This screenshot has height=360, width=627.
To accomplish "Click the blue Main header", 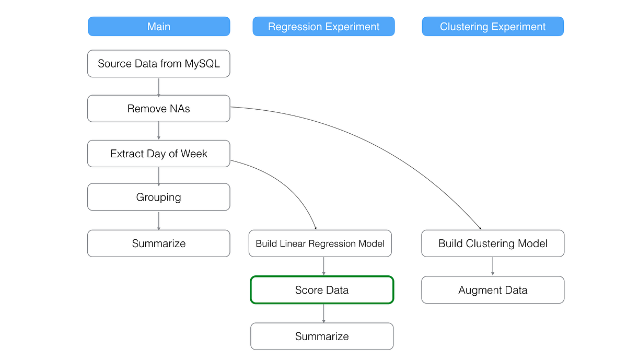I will (x=159, y=27).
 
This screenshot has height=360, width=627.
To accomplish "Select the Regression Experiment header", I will (x=323, y=27).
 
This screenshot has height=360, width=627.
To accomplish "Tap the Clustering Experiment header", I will (x=493, y=27).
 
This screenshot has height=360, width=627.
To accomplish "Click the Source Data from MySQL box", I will (x=159, y=64).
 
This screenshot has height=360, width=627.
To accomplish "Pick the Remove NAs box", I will (x=159, y=109).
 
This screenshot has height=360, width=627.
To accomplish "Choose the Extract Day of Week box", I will (x=159, y=154).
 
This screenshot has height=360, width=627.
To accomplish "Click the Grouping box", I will (x=159, y=197).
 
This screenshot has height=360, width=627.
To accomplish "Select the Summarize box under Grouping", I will (x=159, y=243).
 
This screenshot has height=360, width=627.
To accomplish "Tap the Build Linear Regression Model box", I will (x=320, y=243).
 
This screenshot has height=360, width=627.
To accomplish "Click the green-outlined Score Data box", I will (x=322, y=290).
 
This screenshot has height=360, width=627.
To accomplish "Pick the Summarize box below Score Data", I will (x=322, y=336).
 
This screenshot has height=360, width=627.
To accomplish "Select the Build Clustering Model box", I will (x=493, y=243).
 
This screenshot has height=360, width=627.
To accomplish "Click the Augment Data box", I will (x=493, y=290).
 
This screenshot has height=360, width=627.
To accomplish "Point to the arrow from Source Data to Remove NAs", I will (x=159, y=86).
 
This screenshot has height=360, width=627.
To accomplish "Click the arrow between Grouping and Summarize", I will (x=159, y=220).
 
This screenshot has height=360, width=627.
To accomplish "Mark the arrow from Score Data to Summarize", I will (x=324, y=313).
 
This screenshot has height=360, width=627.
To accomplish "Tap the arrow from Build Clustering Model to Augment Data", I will (x=493, y=266).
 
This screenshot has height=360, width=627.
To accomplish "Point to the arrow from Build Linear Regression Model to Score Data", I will (x=324, y=266).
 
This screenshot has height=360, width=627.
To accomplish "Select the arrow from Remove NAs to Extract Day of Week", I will (x=159, y=131).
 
